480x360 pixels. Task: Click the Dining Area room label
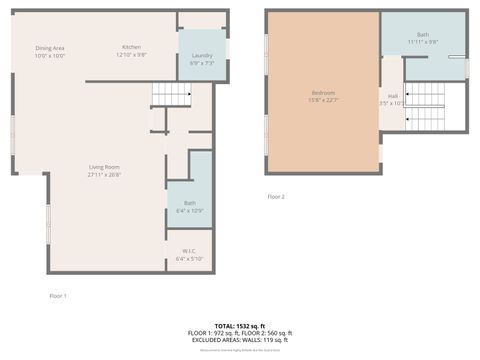point(50,48)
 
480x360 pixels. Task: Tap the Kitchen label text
point(131,48)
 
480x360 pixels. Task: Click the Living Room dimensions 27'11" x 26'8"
point(105,174)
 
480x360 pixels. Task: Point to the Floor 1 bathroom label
point(189,204)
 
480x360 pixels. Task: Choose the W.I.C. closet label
point(189,250)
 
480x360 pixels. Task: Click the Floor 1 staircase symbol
point(171,94)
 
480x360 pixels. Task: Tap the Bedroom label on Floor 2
point(322,93)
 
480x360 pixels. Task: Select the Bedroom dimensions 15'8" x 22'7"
point(322,100)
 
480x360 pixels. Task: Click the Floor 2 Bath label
point(423,35)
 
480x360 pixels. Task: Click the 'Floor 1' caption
point(58,296)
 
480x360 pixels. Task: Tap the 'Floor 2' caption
point(276,197)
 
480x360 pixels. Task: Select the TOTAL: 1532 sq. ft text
point(241,326)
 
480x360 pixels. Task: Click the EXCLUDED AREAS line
point(241,339)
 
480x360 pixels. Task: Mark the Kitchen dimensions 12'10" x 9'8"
point(131,55)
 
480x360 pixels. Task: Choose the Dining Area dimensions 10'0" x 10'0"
point(50,55)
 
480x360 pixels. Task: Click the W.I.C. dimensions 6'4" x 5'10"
point(189,258)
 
